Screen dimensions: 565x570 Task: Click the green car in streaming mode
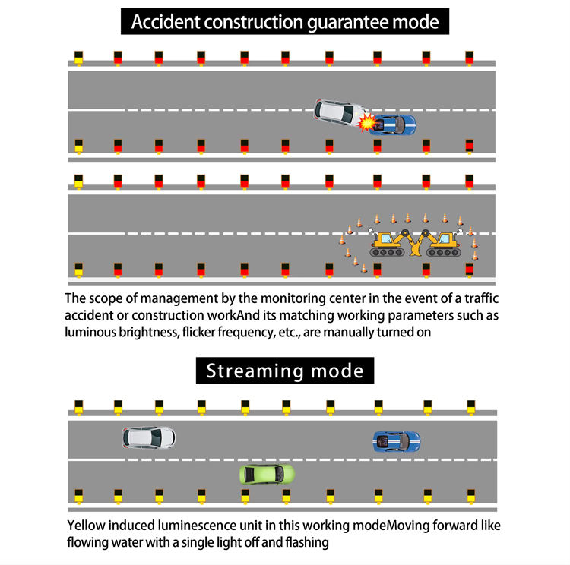pyautogui.click(x=267, y=475)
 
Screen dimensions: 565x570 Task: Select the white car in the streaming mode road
pyautogui.click(x=149, y=437)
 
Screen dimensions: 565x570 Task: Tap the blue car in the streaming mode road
pyautogui.click(x=396, y=439)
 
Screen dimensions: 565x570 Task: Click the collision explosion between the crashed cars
pyautogui.click(x=367, y=122)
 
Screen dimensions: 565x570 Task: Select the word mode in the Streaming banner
pyautogui.click(x=338, y=371)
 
